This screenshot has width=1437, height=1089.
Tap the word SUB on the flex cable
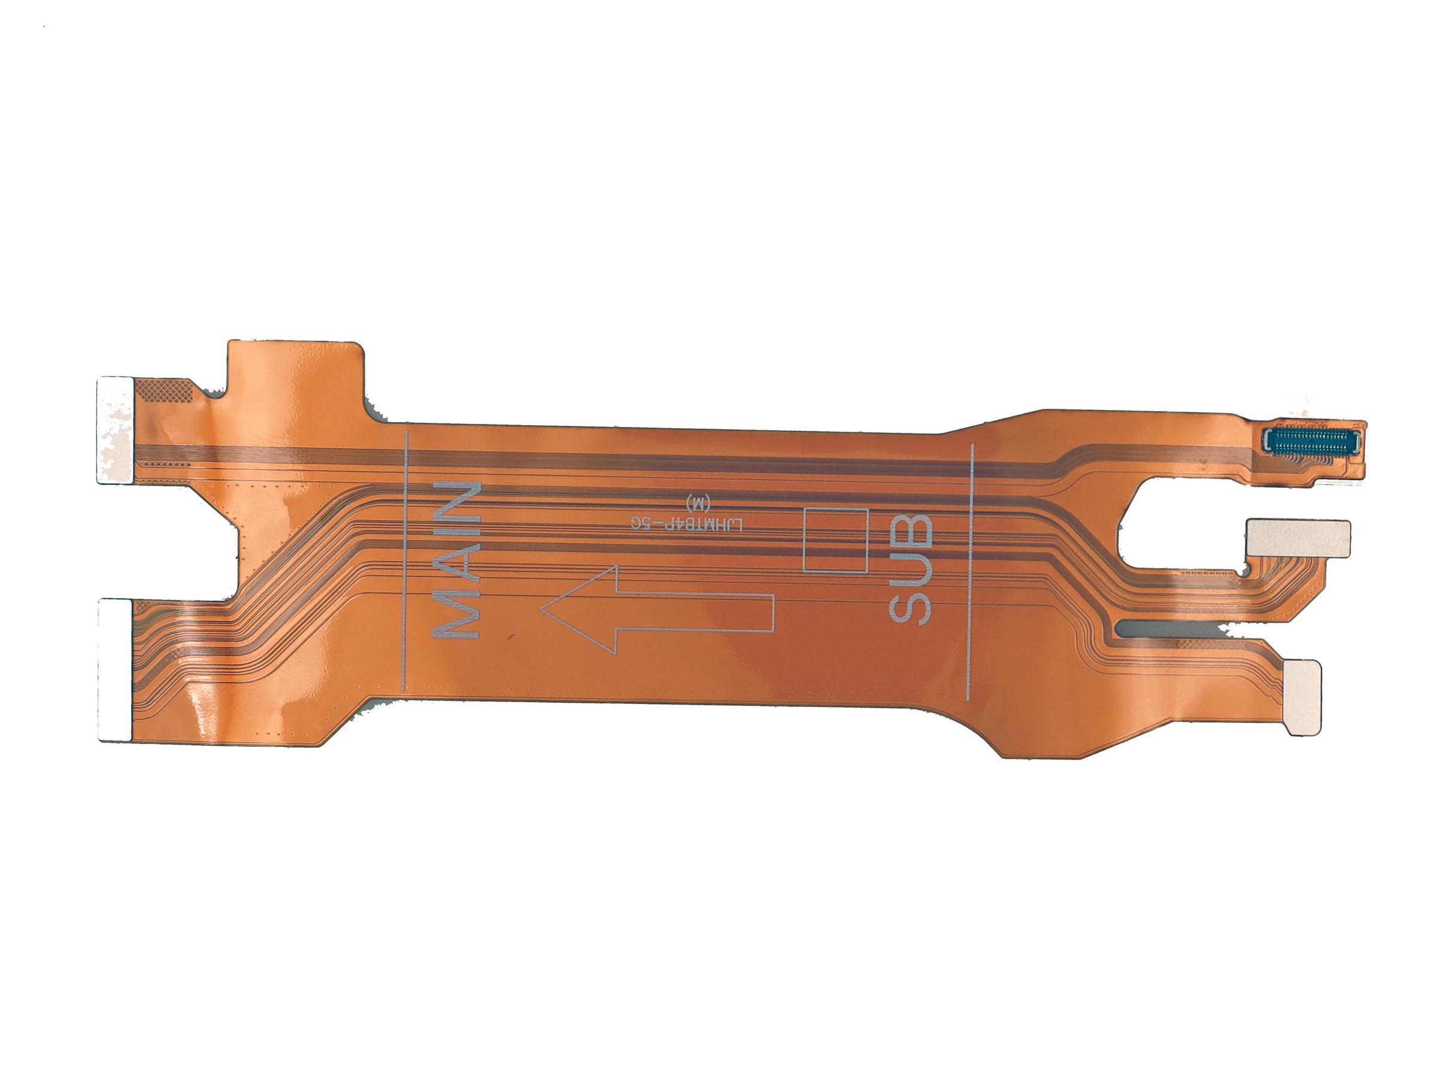[x=910, y=569]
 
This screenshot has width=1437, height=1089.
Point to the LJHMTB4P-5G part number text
[x=687, y=523]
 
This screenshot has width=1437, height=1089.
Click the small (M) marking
[x=698, y=502]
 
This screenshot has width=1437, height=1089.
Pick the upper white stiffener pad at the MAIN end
[x=116, y=430]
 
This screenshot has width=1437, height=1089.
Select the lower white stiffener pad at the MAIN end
[x=116, y=670]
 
